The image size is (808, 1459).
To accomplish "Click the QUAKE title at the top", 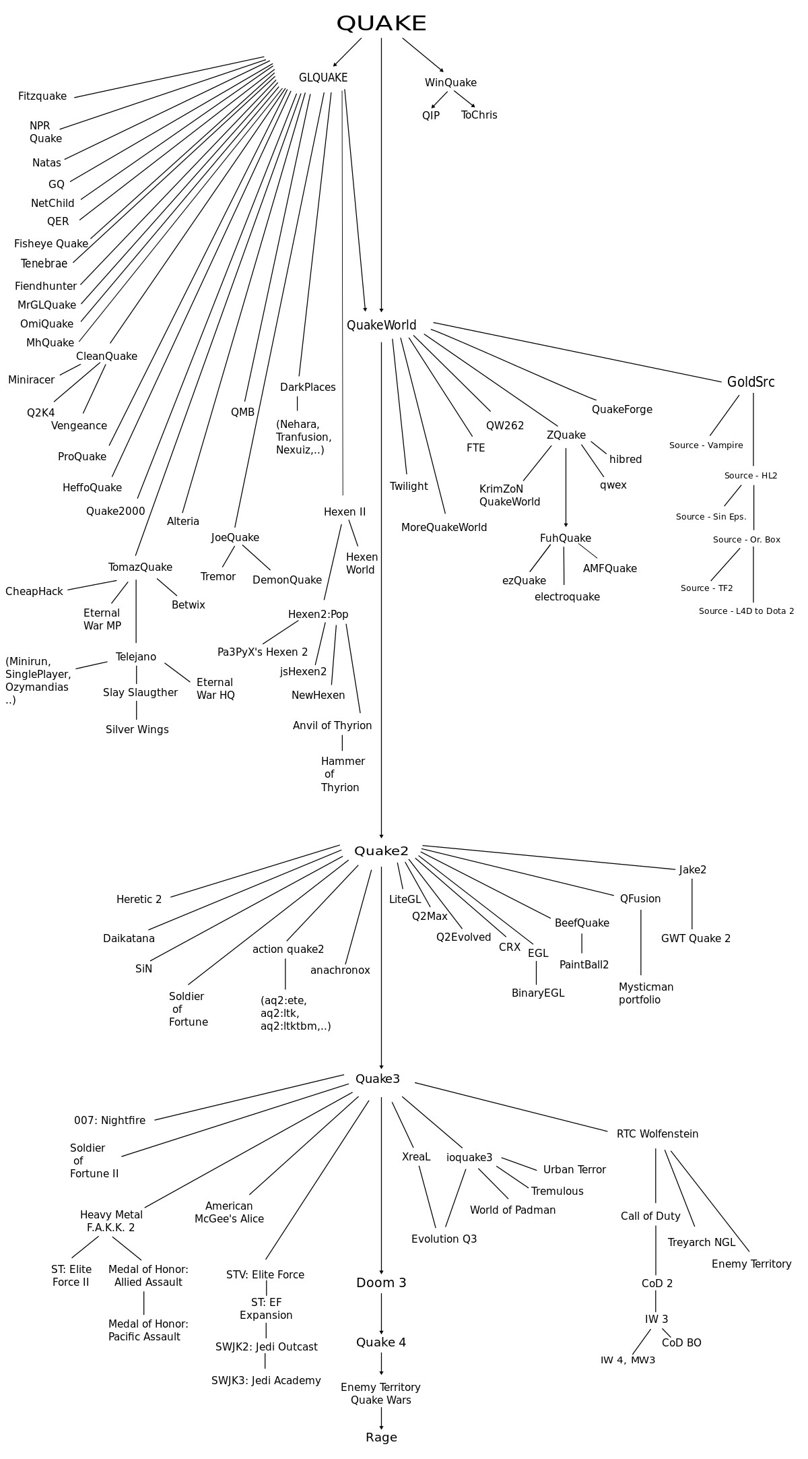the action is [381, 24].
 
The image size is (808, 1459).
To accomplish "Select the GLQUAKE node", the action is [323, 77].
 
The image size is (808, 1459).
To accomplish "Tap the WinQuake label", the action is [450, 83].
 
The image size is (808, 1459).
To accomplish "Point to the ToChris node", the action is [479, 115].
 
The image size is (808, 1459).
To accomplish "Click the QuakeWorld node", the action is [382, 325].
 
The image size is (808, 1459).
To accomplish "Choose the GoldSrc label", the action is [751, 382].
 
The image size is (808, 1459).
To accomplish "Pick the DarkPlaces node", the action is [308, 387].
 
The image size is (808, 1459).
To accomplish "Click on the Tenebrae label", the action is [44, 263].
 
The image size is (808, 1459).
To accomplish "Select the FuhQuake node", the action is [566, 538].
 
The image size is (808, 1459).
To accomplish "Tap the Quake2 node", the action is [381, 851].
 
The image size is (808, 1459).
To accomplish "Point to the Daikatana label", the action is [129, 939].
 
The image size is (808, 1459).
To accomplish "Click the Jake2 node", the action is [693, 870].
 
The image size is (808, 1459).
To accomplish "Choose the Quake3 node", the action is [378, 1079].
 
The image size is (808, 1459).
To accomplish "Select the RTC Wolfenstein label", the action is [657, 1134].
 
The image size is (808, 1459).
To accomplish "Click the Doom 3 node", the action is [381, 1282].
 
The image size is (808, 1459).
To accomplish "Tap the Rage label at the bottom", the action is [381, 1437].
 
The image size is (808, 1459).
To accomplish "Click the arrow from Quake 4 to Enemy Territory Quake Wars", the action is [381, 1364].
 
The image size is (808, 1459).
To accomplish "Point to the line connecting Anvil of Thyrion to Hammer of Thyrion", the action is [342, 743].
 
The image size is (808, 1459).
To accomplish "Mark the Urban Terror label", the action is [574, 1170].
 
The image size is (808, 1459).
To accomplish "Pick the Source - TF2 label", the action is [707, 588].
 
